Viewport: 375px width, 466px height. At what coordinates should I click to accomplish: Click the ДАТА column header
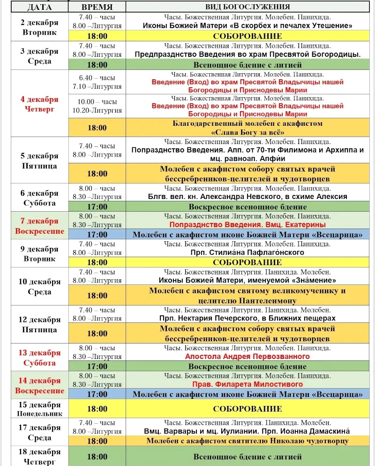coord(40,7)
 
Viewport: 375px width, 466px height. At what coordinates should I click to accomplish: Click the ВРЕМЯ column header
coord(97,7)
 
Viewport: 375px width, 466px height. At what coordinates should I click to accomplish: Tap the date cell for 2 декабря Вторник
coord(40,27)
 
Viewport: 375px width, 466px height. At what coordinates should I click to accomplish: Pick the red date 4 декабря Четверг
coord(40,104)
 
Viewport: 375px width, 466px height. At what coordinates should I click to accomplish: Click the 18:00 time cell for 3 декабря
coord(97,65)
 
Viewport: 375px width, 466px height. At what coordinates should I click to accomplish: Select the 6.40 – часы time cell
coord(97,78)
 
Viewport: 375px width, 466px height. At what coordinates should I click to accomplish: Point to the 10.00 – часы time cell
coord(97,101)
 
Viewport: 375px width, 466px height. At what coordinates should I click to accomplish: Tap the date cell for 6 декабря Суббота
coord(40,198)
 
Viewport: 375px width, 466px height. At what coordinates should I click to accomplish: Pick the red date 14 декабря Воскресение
coord(40,386)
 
